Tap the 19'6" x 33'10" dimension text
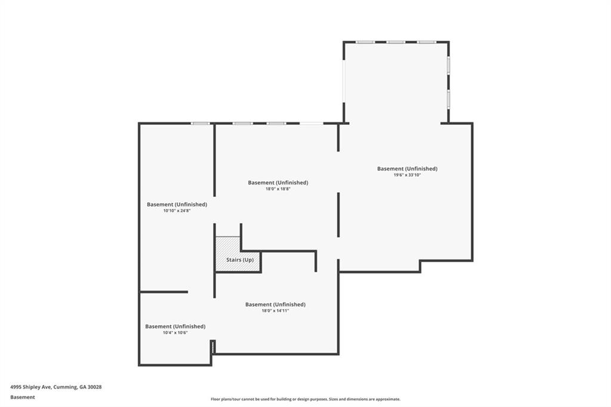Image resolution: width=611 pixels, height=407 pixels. click(x=407, y=175)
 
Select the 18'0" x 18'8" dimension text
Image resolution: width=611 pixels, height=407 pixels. click(x=278, y=189)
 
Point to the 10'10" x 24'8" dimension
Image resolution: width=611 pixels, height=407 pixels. click(x=177, y=211)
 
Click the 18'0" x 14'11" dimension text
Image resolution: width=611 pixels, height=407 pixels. click(x=275, y=310)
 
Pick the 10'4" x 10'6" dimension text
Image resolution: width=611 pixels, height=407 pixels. click(x=175, y=332)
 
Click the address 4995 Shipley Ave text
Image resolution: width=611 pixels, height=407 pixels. click(x=31, y=387)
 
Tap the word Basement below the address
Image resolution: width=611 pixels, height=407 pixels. click(x=23, y=397)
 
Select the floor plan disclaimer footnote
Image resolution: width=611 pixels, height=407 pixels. click(x=305, y=399)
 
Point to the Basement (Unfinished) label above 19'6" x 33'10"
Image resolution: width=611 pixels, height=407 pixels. click(x=407, y=168)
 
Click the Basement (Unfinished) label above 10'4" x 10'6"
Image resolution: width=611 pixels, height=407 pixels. click(x=175, y=326)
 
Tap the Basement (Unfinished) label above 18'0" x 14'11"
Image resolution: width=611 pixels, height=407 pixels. click(x=275, y=304)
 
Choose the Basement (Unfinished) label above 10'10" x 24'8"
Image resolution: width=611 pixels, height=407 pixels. click(x=177, y=204)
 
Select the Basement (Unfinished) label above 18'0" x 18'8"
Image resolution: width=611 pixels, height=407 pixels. click(x=278, y=182)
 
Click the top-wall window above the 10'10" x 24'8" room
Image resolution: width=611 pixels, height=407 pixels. click(x=200, y=124)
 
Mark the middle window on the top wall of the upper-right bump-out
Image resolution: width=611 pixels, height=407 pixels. click(x=396, y=42)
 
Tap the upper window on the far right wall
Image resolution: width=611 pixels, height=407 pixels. click(x=448, y=64)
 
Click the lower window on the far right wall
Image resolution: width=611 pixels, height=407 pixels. click(x=448, y=98)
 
